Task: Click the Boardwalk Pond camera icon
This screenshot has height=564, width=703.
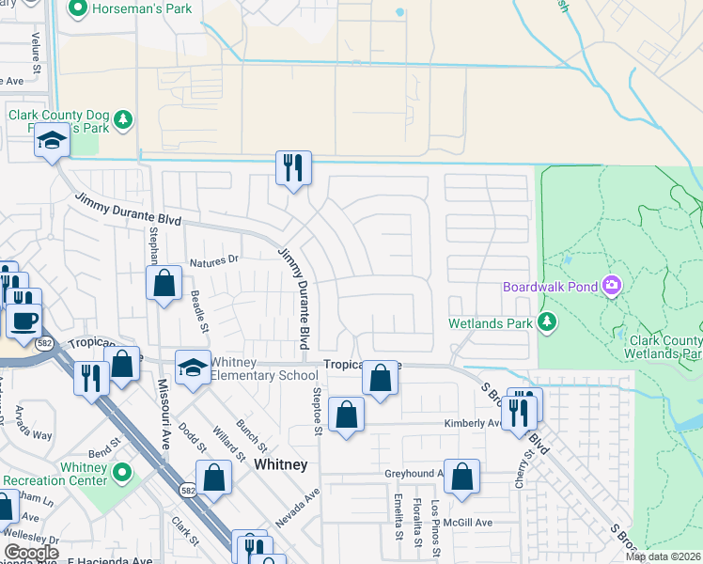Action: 613,284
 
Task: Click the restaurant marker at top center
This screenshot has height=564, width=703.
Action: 292,168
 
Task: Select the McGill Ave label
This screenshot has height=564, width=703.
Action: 470,523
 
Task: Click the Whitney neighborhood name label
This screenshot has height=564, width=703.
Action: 280,464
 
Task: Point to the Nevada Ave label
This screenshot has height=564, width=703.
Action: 299,507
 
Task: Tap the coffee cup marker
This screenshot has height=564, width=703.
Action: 23,321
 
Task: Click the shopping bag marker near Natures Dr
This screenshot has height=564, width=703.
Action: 164,283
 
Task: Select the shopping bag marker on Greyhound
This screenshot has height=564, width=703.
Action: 461,477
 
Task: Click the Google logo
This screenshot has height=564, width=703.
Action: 31,553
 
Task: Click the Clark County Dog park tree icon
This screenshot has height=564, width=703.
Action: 123,120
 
